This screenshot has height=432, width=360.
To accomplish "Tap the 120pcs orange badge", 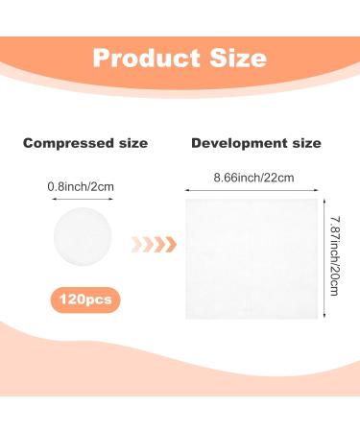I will (84, 300).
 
